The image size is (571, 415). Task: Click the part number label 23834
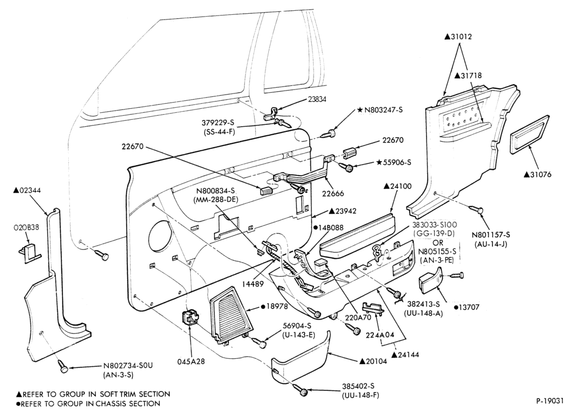(317, 99)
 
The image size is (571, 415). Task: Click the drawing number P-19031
(550, 401)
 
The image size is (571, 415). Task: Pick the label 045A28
(191, 361)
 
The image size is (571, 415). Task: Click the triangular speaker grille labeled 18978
(231, 315)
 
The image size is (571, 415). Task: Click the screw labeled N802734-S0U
(64, 369)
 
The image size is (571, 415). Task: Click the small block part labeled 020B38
(30, 252)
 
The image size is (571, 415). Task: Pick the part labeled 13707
(431, 280)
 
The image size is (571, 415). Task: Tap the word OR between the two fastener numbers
(438, 242)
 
